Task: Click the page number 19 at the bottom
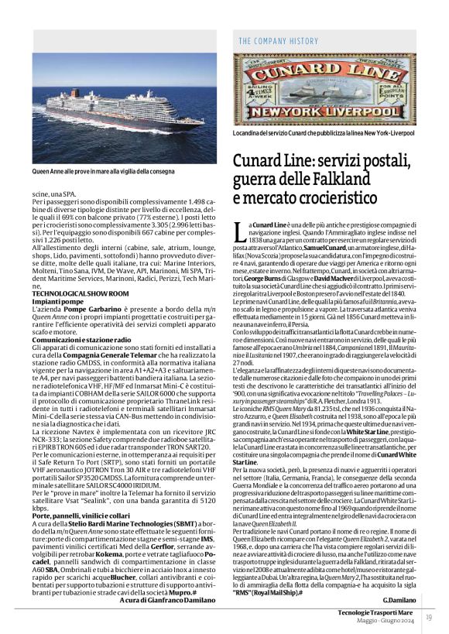tap(428, 617)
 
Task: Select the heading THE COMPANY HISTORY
tap(278, 41)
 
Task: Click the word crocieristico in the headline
tap(334, 199)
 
